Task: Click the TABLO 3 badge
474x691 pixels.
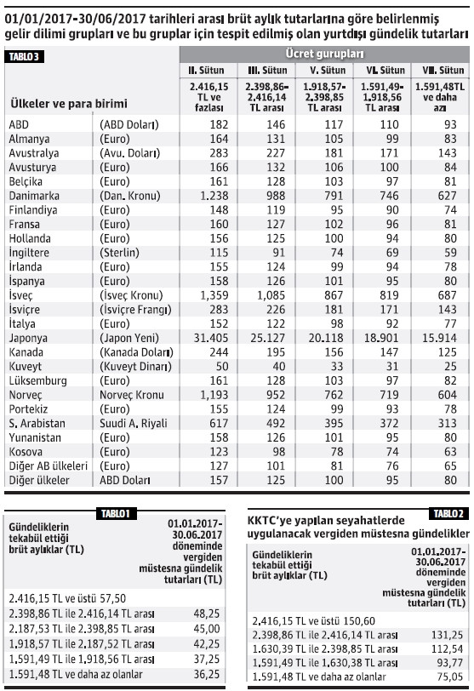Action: [25, 56]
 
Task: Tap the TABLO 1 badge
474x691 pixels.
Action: [111, 512]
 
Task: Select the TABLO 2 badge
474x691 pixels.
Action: [446, 513]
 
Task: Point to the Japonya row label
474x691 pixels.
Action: [29, 336]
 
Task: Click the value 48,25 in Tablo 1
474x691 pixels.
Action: [208, 612]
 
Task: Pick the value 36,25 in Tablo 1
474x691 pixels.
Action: [208, 671]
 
